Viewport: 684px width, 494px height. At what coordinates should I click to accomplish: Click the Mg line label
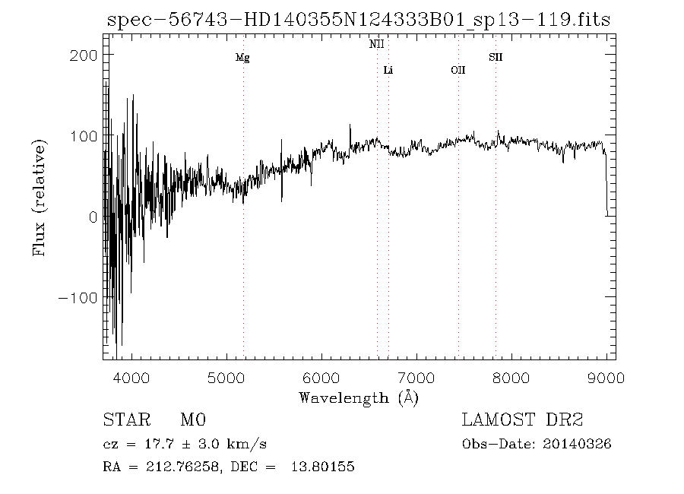click(242, 58)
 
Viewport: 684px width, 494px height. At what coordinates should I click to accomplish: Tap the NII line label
click(377, 45)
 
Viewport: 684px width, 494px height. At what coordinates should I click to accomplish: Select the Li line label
click(388, 71)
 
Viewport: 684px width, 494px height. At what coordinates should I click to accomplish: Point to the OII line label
click(458, 71)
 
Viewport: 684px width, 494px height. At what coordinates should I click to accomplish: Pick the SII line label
click(496, 58)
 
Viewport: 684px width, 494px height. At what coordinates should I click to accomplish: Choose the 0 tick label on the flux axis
click(92, 217)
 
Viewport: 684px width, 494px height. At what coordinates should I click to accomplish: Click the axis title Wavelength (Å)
click(359, 397)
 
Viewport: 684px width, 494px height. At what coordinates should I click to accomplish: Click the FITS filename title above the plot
click(359, 20)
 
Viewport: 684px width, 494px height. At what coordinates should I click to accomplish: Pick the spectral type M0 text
click(193, 420)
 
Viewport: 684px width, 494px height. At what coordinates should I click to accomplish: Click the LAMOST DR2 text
click(522, 420)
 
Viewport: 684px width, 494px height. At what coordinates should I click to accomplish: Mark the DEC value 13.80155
click(323, 467)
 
